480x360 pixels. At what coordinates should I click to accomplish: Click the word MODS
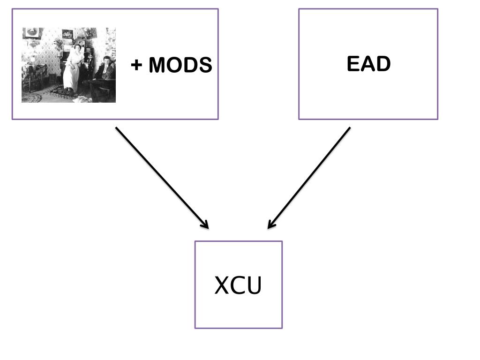(180, 65)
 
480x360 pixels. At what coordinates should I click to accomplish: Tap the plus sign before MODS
(136, 65)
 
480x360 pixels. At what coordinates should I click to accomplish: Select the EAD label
(368, 64)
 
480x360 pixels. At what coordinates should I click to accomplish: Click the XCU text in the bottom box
(238, 285)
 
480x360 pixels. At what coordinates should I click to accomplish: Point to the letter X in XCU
(222, 285)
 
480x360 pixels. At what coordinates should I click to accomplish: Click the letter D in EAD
(383, 64)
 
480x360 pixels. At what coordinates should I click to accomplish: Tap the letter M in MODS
(157, 65)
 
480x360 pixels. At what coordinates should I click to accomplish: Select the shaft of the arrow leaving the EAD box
(309, 178)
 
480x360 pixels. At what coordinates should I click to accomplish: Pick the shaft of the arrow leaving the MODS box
(162, 178)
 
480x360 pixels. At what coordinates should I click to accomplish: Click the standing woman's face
(77, 48)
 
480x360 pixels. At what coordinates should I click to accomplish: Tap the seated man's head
(107, 60)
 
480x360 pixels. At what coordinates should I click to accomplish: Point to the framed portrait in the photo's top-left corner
(32, 33)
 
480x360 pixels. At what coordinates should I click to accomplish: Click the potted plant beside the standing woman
(59, 45)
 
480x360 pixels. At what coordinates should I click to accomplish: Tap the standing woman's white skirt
(71, 76)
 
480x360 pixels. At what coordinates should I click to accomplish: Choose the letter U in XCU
(255, 285)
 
